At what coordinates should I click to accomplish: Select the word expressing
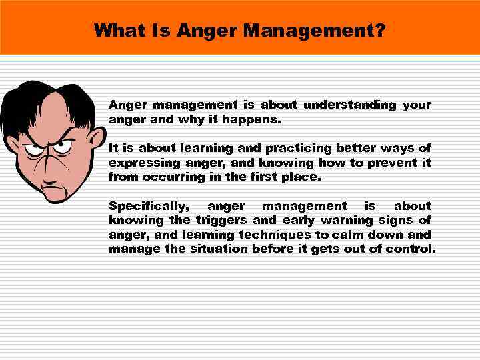pos(139,163)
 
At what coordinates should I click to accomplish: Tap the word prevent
pos(389,163)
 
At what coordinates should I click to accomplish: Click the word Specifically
pos(148,207)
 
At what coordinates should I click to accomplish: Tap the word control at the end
pos(414,249)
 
